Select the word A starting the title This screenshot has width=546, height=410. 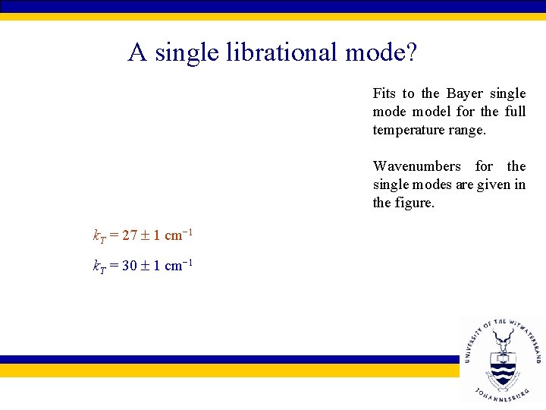tap(137, 52)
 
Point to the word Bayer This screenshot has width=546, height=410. tap(464, 93)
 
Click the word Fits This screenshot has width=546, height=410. tap(384, 93)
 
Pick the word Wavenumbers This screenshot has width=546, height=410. tap(416, 166)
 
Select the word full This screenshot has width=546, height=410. tap(515, 112)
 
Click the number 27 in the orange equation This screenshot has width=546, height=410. tap(130, 235)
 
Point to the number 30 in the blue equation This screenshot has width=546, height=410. tap(130, 266)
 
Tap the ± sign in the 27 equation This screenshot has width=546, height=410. tap(145, 235)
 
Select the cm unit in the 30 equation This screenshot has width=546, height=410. tap(173, 266)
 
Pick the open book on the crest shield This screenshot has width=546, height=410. tap(502, 356)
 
